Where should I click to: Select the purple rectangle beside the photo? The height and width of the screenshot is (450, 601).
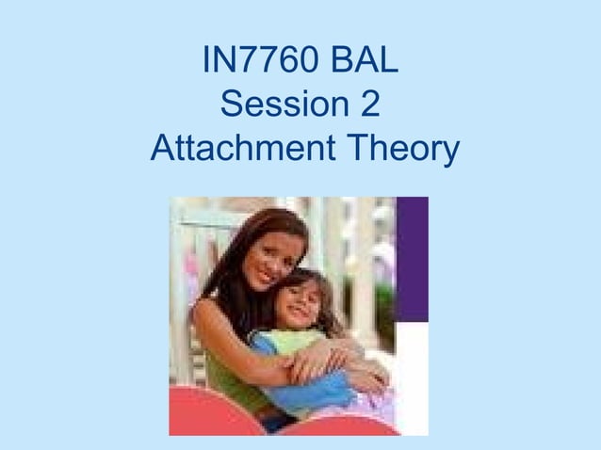[412, 259]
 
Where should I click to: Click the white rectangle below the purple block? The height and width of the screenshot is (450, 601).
[412, 377]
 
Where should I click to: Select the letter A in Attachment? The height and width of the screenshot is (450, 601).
[163, 149]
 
